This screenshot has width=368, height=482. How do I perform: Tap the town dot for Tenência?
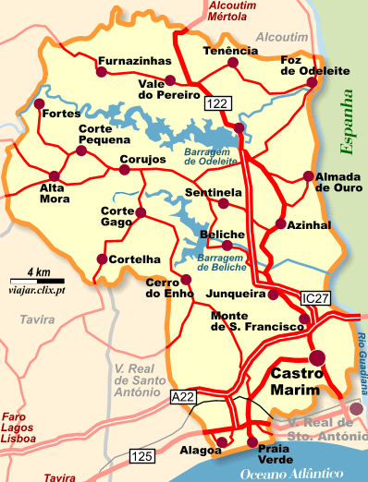pos(232,66)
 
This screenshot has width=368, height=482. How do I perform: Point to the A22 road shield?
pos(183,396)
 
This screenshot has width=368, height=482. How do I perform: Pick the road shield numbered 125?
pos(142,455)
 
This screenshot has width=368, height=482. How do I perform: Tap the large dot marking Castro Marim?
pos(318,357)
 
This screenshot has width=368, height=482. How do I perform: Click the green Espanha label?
pos(346,119)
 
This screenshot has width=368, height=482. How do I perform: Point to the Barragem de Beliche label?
pos(223,261)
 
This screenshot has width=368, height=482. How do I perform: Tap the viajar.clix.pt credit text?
pos(36,290)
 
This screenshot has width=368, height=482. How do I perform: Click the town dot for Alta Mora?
pos(54,175)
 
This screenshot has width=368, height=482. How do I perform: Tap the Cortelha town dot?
pos(101,259)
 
